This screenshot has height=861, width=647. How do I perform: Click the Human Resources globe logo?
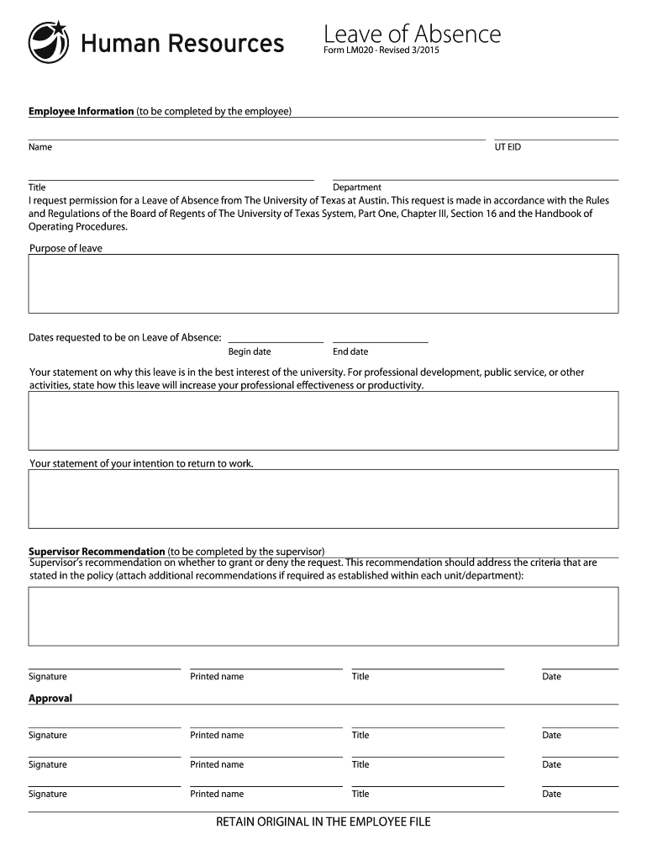[x=49, y=42]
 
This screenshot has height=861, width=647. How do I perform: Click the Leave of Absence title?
[x=412, y=34]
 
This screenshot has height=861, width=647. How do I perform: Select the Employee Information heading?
[x=82, y=111]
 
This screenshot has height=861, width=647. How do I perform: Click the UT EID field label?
[x=508, y=147]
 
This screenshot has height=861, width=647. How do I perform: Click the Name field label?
[x=40, y=147]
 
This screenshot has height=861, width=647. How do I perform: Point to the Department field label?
[x=357, y=187]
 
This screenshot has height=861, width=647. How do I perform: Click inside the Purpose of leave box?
[x=323, y=283]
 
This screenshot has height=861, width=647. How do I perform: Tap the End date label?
[x=350, y=351]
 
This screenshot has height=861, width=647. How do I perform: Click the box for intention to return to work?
[x=323, y=499]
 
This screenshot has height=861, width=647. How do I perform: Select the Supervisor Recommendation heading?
[x=97, y=552]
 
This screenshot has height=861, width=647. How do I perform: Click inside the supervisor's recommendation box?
[x=323, y=615]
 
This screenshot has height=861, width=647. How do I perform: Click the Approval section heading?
[x=50, y=698]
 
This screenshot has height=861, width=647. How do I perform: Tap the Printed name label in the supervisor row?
[x=217, y=677]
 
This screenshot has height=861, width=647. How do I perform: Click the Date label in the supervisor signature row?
[x=551, y=677]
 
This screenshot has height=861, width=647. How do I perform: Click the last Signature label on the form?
[x=47, y=794]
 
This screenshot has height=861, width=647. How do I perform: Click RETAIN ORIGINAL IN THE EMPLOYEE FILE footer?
[x=323, y=821]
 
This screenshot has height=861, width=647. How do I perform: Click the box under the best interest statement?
[x=323, y=420]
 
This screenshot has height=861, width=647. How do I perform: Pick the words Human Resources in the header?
[x=182, y=43]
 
